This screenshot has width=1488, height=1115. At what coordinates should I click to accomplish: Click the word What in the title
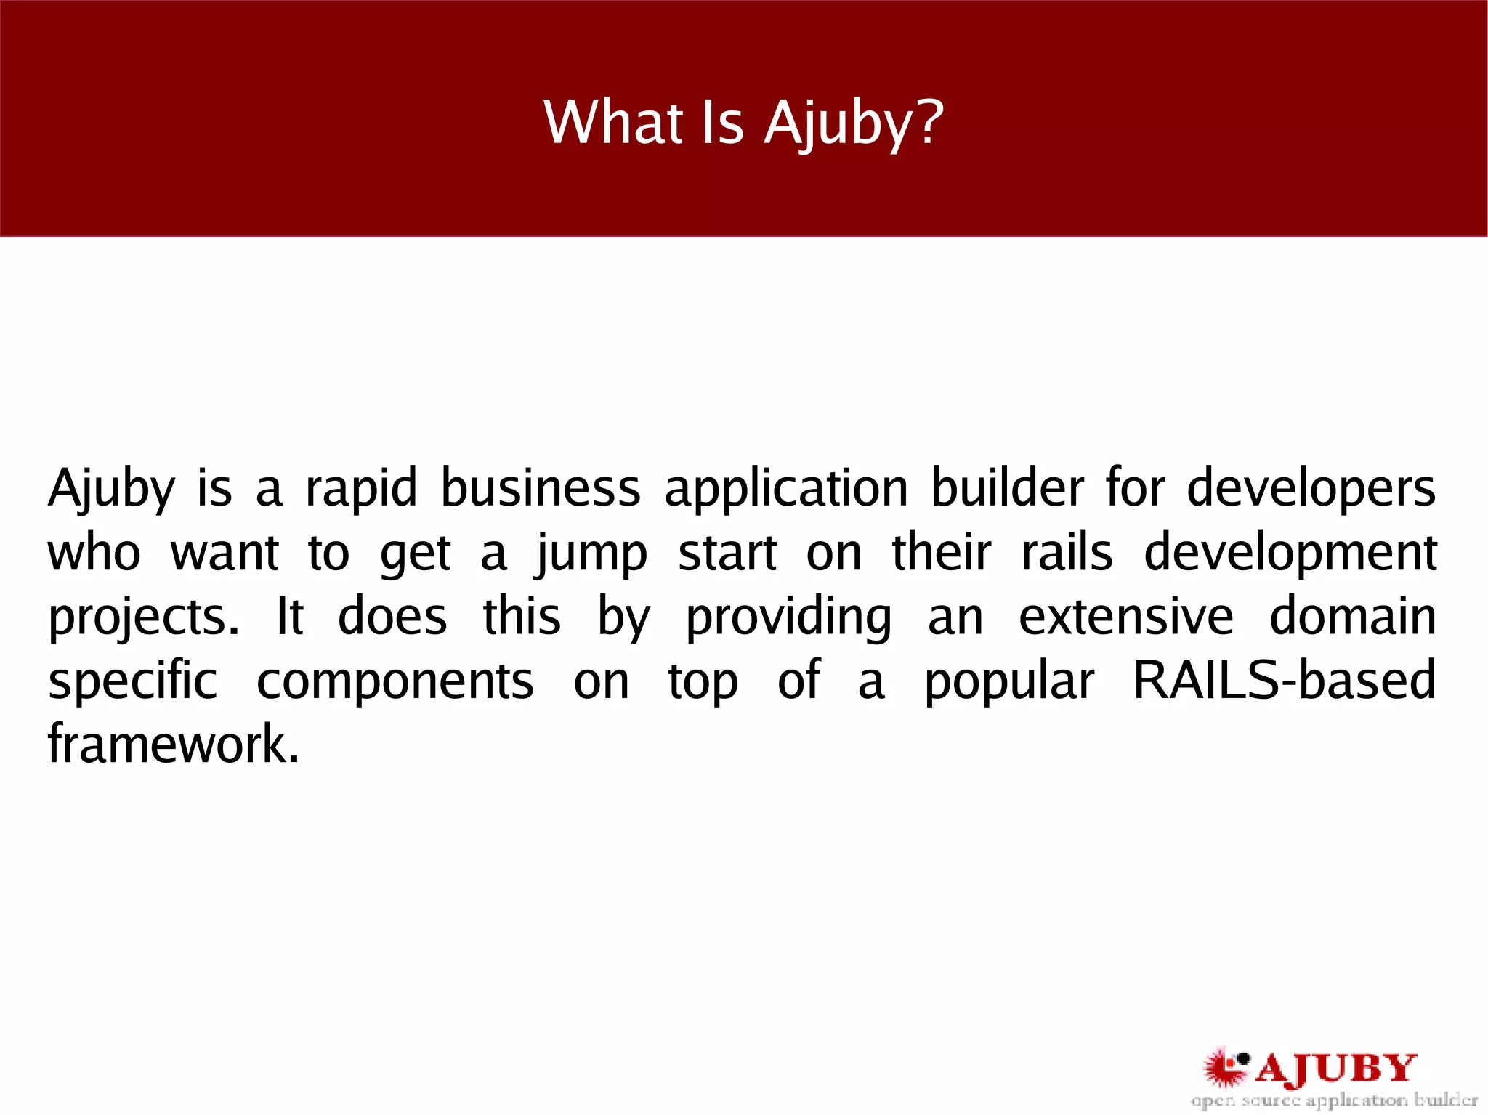coord(614,122)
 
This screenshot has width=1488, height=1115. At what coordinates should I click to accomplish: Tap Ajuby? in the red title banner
coord(854,123)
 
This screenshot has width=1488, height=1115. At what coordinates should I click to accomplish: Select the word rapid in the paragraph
coord(361,488)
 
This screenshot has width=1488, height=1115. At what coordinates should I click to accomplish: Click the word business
coord(541,488)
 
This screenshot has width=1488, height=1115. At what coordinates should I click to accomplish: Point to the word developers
coord(1311,490)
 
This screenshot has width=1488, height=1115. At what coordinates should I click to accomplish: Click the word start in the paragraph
coord(727,554)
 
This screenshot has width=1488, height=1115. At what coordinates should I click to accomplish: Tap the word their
coord(942,554)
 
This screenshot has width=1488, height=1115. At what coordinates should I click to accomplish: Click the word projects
coord(143,619)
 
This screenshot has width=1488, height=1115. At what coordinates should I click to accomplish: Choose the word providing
coord(789,619)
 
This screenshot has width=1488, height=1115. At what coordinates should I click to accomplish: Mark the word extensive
coord(1126,617)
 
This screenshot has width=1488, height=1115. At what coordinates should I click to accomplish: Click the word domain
coord(1353,617)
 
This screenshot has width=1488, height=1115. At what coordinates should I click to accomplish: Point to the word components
coord(395,683)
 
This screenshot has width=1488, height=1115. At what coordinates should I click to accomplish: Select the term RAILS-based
coord(1285,681)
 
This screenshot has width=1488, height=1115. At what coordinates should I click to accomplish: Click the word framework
coord(173,745)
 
